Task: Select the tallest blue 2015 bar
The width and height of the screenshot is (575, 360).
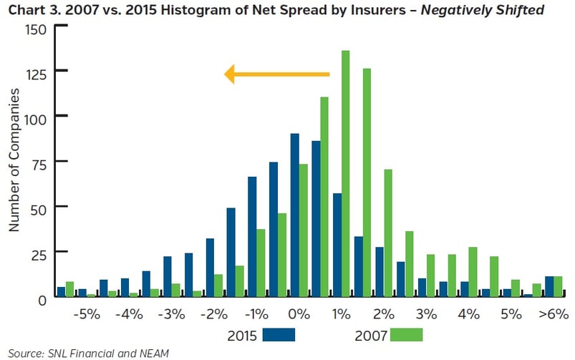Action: tap(294, 215)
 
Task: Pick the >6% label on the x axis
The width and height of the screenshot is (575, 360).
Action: tap(552, 314)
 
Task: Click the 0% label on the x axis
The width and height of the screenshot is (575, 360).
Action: tap(299, 314)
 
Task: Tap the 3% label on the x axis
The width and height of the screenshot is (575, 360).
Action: tap(425, 314)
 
